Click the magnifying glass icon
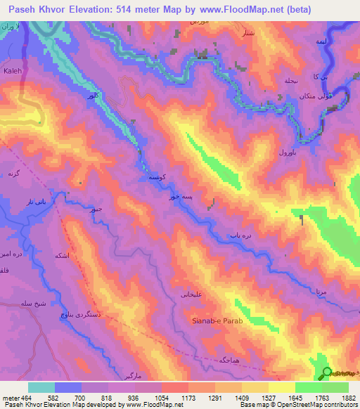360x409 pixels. coord(327,373)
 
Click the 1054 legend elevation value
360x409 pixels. coord(161,398)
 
